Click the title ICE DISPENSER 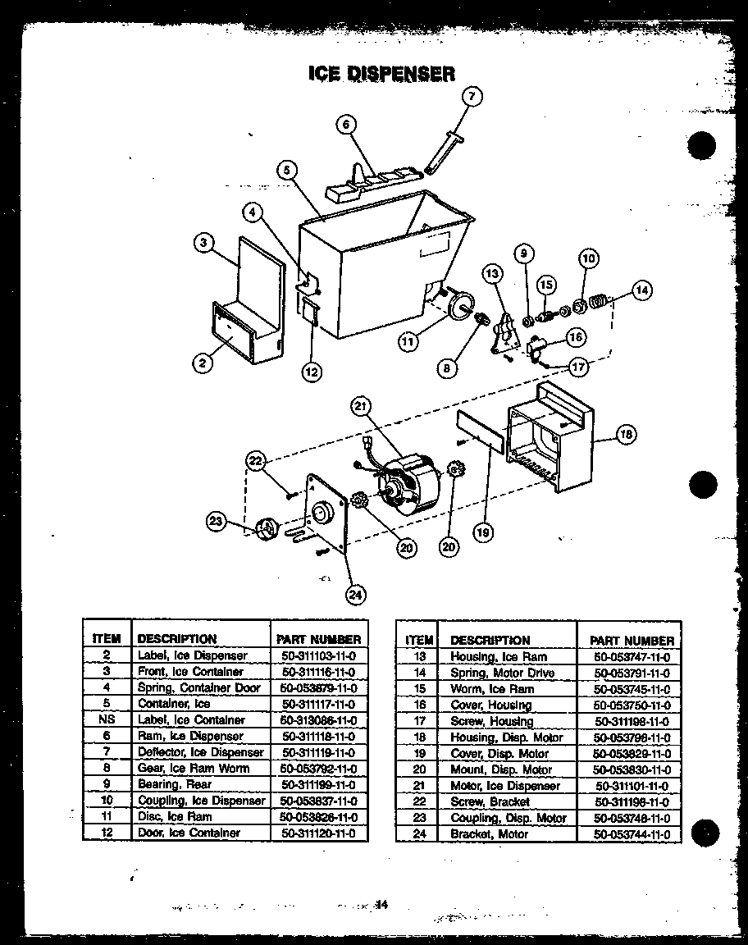381,74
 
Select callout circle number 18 626,436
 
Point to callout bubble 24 355,595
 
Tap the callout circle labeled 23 217,520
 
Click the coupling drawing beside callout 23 265,530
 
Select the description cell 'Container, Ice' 174,704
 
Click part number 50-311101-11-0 632,786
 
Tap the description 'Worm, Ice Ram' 491,689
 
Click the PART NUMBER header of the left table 318,639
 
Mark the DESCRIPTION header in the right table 490,640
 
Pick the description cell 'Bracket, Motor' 490,834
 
